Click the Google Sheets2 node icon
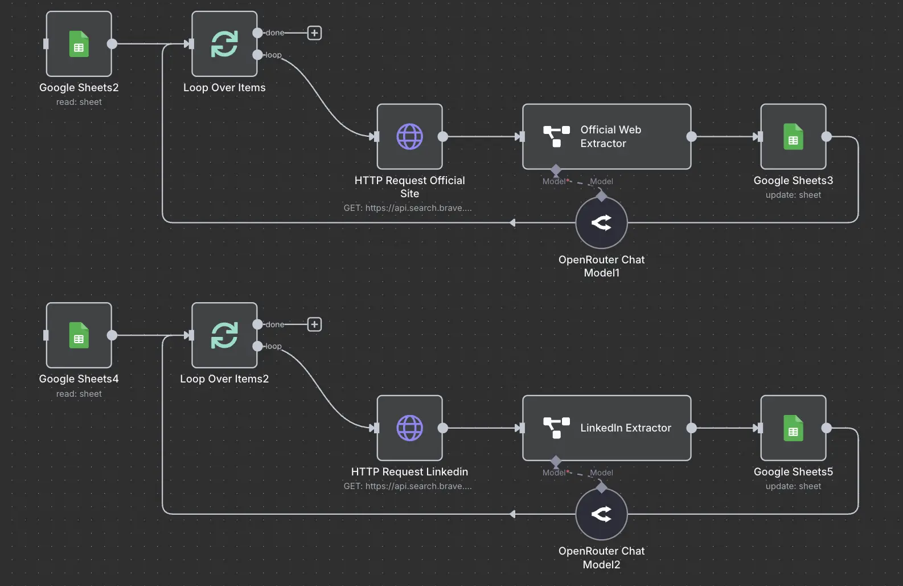coord(79,44)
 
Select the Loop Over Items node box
coord(224,44)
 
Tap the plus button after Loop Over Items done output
coord(314,33)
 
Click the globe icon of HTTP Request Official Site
coord(409,137)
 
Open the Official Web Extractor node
coord(606,137)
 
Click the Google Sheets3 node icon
coord(793,137)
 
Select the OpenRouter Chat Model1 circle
coord(601,223)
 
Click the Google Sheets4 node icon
coord(79,335)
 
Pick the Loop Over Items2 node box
coord(224,335)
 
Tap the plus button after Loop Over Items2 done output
coord(314,324)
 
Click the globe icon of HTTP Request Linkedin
coord(409,428)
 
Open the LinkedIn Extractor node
coord(606,428)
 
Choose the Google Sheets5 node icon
coord(793,428)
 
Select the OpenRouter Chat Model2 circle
coord(601,514)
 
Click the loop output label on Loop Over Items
coord(273,55)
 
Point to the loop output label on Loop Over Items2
coord(273,347)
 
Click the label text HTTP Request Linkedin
coord(409,472)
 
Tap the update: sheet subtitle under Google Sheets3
coord(793,195)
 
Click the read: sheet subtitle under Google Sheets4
coord(79,394)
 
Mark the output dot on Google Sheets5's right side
coord(827,428)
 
